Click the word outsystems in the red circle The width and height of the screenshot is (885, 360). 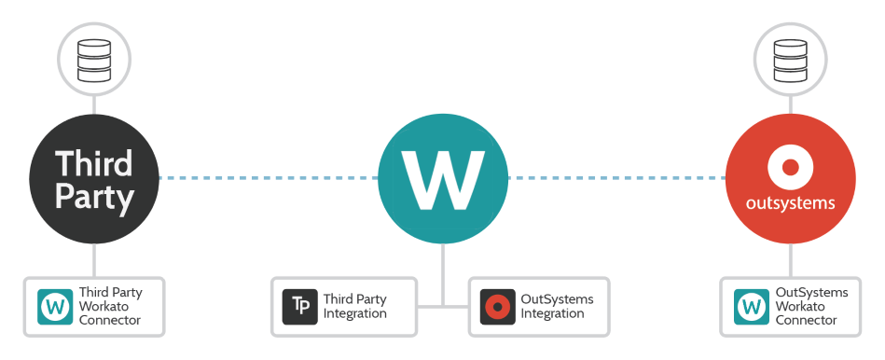(x=790, y=202)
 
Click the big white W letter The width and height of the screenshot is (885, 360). (x=443, y=178)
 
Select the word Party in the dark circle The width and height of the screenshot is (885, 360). (x=94, y=197)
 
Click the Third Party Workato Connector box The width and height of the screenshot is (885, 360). (x=94, y=306)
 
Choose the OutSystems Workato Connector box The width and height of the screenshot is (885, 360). (x=790, y=306)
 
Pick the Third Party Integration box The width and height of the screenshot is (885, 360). (x=343, y=306)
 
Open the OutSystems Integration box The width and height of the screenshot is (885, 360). (x=539, y=306)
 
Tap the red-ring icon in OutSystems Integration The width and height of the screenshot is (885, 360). (x=497, y=307)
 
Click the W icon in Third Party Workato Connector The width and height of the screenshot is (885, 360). (x=55, y=307)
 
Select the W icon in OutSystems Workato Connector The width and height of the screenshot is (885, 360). (x=752, y=307)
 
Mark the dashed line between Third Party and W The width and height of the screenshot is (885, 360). (x=268, y=177)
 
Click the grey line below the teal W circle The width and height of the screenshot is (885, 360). (x=443, y=270)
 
